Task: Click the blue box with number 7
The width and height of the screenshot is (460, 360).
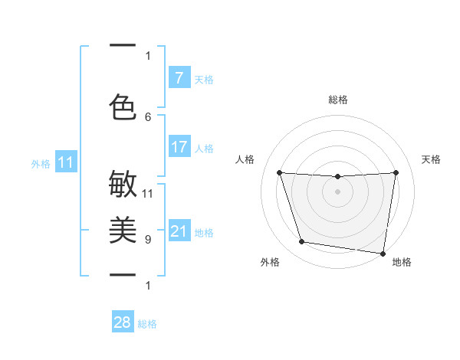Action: [179, 78]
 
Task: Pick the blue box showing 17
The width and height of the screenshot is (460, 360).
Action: [179, 147]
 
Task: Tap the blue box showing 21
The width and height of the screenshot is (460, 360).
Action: [179, 231]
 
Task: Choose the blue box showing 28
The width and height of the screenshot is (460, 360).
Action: [123, 322]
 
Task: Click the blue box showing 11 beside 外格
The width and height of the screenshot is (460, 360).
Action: [66, 162]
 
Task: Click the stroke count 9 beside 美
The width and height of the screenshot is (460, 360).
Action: [148, 240]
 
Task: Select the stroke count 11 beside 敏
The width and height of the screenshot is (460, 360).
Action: [148, 193]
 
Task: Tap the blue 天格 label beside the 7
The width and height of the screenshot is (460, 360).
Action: [204, 79]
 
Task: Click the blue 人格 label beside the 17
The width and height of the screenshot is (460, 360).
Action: [204, 148]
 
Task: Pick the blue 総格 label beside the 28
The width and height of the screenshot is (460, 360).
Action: [147, 324]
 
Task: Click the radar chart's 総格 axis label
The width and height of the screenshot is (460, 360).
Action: [338, 100]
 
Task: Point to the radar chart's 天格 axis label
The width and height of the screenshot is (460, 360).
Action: [432, 159]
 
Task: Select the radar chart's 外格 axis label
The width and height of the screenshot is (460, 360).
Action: [270, 262]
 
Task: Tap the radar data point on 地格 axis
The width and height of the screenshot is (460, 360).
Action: [383, 253]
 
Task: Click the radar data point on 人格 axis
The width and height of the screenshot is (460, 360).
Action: [280, 173]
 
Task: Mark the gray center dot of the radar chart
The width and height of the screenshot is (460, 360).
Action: [338, 191]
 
